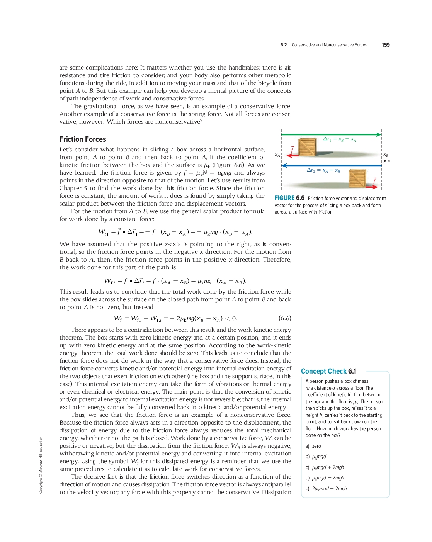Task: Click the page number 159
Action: coord(385,45)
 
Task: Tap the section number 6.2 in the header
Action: coord(284,45)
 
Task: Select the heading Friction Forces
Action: coord(83,139)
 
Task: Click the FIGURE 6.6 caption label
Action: coord(289,198)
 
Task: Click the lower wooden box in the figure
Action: coord(357,178)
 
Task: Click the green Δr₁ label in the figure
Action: coord(340,139)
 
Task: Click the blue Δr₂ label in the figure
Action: coord(323,170)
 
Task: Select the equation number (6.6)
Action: coord(285,318)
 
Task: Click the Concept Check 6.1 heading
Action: coord(328,371)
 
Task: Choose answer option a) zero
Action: coord(313,446)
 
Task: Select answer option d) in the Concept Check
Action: coord(325,478)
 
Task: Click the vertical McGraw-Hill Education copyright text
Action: coord(41,465)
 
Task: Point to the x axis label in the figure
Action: coord(389,161)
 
